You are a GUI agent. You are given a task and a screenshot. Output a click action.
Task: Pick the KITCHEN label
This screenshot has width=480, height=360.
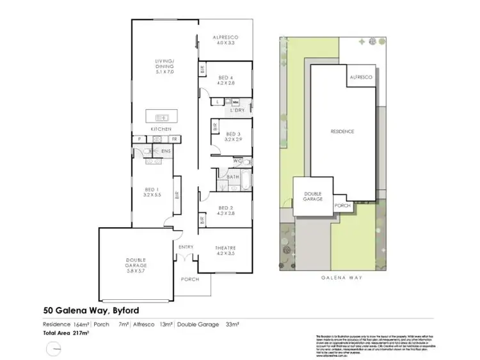coord(161,129)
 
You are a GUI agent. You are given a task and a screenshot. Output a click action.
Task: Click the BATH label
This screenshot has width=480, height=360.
coord(234,177)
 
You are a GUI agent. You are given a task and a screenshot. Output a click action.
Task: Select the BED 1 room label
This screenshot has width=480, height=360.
coord(153,190)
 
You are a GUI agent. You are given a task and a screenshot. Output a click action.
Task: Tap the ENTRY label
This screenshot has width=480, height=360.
coord(186,246)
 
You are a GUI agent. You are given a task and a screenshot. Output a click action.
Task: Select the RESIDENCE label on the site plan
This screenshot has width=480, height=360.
coord(342,131)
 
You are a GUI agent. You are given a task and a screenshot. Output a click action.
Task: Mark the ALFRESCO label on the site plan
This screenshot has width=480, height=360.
coord(360,77)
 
